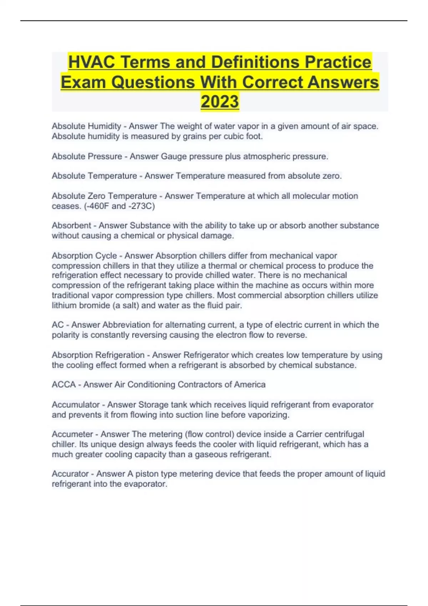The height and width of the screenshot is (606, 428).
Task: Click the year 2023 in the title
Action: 220,101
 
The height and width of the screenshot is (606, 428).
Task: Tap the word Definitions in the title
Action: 256,62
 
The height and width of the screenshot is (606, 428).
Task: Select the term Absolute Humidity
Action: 86,126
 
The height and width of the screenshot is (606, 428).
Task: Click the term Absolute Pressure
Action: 87,156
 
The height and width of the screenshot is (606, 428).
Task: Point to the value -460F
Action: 97,206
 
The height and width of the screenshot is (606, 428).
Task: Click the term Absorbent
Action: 71,226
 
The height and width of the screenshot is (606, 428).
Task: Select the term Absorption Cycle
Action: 84,256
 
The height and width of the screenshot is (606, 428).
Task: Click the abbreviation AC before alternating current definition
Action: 57,325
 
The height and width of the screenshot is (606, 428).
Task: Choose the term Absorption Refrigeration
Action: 98,355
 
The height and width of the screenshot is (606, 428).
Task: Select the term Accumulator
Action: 76,405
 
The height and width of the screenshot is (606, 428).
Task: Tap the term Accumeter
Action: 72,434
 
